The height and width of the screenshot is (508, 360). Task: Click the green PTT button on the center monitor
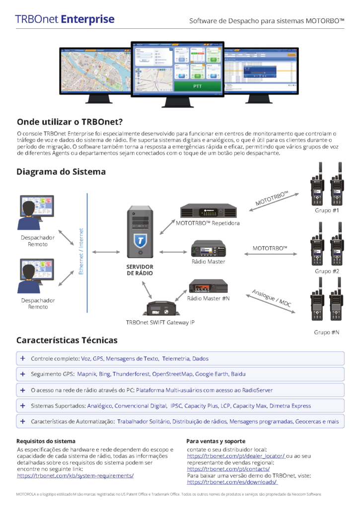198,86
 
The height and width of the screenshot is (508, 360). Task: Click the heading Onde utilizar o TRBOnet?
70,122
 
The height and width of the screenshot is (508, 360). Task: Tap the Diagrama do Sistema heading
61,172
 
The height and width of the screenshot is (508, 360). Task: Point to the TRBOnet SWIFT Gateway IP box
159,309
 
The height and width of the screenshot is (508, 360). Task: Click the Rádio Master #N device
209,286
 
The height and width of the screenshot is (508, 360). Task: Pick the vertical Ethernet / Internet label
82,252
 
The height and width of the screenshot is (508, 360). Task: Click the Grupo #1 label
327,211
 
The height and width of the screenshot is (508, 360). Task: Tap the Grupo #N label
327,332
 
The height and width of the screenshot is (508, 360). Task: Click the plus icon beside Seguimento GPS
22,374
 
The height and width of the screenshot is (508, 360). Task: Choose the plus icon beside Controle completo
22,358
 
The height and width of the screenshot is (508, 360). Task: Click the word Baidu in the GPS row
236,374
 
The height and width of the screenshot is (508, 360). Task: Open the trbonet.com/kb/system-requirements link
75,475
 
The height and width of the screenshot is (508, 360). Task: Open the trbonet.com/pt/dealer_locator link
236,455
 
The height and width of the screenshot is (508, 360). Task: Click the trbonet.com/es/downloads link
232,482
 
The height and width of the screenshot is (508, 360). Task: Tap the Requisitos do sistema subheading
46,441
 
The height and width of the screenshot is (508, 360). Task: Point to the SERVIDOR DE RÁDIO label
140,270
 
